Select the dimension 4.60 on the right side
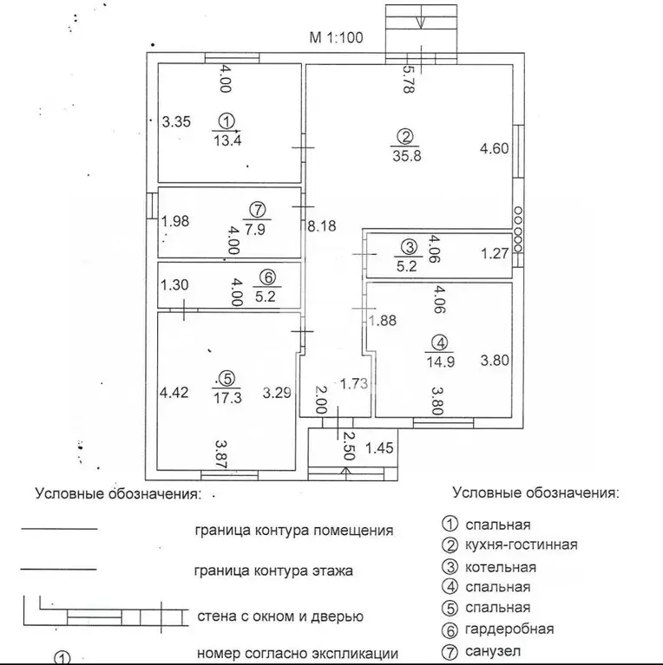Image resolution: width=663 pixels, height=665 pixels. point(496,149)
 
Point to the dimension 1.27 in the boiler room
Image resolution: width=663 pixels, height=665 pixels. point(495,254)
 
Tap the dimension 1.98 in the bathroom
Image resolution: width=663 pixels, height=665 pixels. point(175,221)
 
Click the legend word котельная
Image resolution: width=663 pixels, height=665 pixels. point(501,567)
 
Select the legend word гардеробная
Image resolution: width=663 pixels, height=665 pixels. point(509,629)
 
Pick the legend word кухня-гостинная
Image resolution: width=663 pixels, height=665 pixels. point(521,545)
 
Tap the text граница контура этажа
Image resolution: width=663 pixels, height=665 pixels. point(275,571)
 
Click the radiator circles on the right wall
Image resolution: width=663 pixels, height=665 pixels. point(518,227)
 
